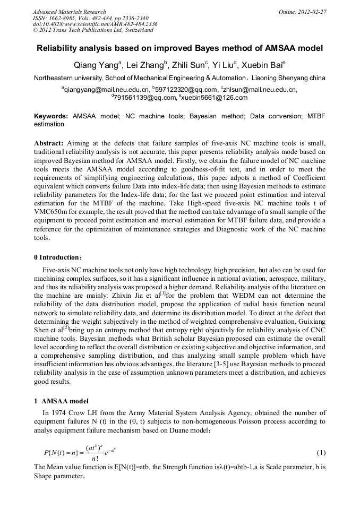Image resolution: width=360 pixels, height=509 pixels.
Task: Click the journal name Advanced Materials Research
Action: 69,12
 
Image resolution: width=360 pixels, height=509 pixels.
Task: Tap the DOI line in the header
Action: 95,24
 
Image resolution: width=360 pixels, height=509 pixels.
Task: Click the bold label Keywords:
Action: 51,116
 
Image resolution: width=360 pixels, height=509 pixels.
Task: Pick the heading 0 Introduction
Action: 56,257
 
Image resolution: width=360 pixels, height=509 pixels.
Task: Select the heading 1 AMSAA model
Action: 61,401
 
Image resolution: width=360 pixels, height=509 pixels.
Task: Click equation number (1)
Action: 321,453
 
